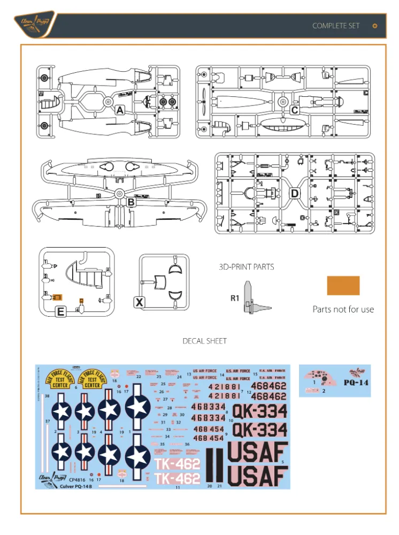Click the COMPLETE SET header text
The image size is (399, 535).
pyautogui.click(x=336, y=26)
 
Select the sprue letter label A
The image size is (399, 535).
pyautogui.click(x=120, y=110)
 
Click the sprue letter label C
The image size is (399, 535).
pyautogui.click(x=294, y=110)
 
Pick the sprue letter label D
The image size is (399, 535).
pyautogui.click(x=295, y=193)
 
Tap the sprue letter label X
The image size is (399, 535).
pyautogui.click(x=139, y=302)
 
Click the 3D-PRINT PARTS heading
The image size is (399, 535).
pyautogui.click(x=246, y=266)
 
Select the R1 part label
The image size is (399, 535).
pyautogui.click(x=234, y=299)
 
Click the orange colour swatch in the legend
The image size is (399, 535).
pyautogui.click(x=343, y=286)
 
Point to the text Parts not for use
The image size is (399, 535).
pyautogui.click(x=343, y=309)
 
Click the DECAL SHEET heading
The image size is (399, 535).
pyautogui.click(x=204, y=341)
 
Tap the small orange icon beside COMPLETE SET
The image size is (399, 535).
pyautogui.click(x=374, y=26)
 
